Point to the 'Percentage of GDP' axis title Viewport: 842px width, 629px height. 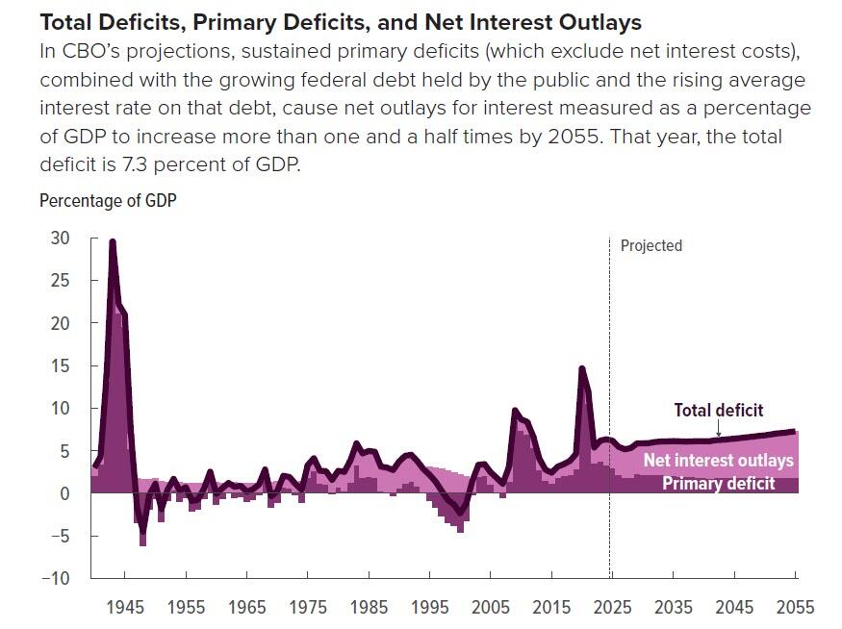click(x=108, y=201)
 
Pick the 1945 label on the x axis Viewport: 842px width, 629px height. click(x=125, y=607)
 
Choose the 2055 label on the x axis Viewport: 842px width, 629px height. click(x=795, y=607)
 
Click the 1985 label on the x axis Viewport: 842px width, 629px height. click(x=370, y=607)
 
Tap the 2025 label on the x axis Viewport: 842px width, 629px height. click(x=612, y=607)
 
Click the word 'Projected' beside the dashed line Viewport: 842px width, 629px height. click(x=651, y=245)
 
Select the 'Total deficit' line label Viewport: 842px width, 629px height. click(x=718, y=411)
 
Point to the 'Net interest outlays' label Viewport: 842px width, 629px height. click(x=718, y=461)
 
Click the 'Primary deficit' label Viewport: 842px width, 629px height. click(x=718, y=484)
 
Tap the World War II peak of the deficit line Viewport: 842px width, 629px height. click(x=113, y=241)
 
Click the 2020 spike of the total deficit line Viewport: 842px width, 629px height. click(x=581, y=367)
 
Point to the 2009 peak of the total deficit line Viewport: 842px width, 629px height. click(x=515, y=411)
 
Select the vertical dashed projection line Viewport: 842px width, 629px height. click(x=610, y=385)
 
